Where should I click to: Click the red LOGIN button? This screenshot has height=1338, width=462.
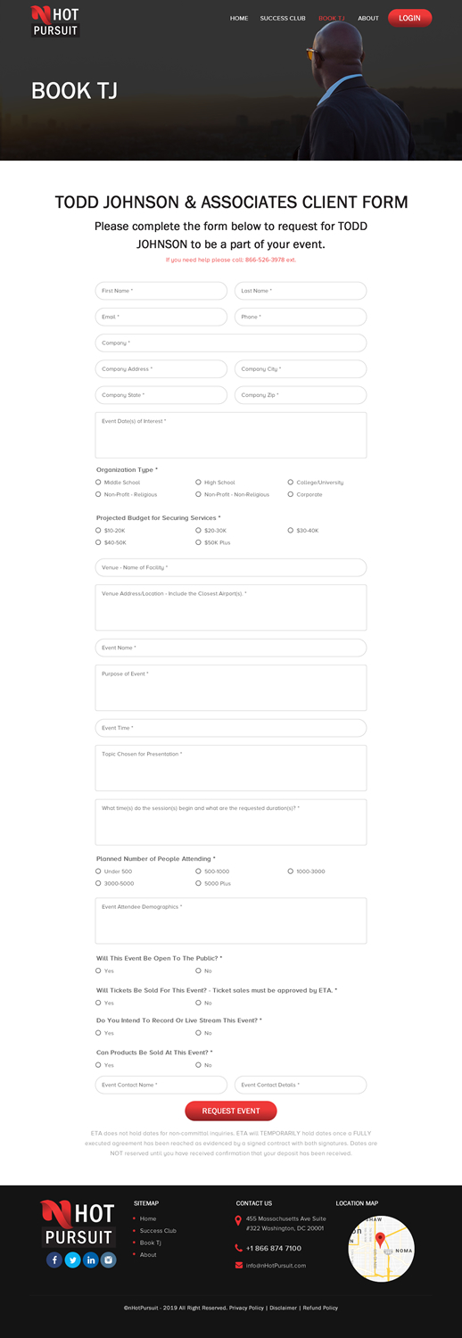409,18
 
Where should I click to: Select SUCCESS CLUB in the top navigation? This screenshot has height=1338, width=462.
283,18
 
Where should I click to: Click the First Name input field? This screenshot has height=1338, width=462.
161,291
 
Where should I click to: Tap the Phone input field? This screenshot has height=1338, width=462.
301,317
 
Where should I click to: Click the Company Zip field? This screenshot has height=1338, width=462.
301,395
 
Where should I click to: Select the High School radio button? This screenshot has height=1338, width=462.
199,483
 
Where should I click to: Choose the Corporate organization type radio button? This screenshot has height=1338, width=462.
291,494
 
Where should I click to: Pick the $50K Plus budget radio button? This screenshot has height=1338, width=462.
199,542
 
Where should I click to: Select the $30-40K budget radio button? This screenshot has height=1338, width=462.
291,531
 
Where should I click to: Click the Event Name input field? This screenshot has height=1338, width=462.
230,648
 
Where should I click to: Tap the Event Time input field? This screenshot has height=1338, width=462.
230,728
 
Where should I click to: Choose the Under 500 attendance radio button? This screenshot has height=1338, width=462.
98,871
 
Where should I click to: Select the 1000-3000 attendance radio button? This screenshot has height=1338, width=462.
291,871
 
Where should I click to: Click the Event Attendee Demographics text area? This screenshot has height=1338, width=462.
230,921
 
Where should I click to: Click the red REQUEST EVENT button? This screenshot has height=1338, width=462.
230,1111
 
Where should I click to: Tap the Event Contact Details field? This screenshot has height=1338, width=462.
301,1085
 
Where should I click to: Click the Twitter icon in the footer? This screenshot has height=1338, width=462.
72,1260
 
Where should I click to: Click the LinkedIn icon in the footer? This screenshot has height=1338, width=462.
90,1260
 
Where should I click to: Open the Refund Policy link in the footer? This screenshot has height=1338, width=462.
320,1308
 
